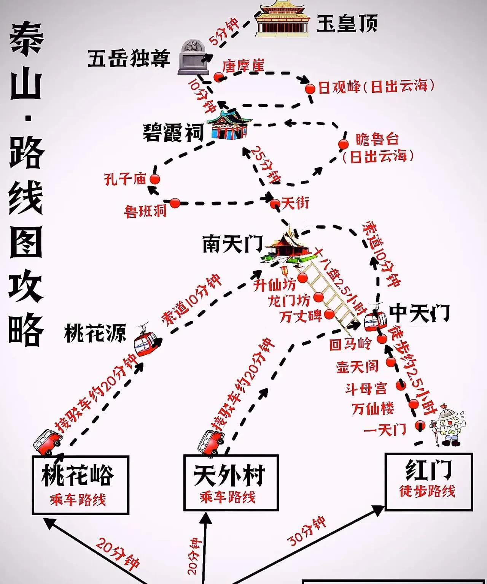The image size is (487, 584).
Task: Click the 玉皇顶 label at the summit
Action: [347, 24]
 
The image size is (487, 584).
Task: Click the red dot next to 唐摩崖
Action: [218, 77]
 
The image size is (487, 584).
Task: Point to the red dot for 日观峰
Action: [310, 89]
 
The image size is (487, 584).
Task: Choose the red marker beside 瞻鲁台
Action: [344, 144]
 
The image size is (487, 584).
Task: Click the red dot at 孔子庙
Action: [154, 179]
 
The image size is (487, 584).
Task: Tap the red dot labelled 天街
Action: [275, 204]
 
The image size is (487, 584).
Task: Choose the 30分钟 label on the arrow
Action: [307, 531]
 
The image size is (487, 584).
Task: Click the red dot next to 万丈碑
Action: [329, 314]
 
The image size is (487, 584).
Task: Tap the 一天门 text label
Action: [385, 430]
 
